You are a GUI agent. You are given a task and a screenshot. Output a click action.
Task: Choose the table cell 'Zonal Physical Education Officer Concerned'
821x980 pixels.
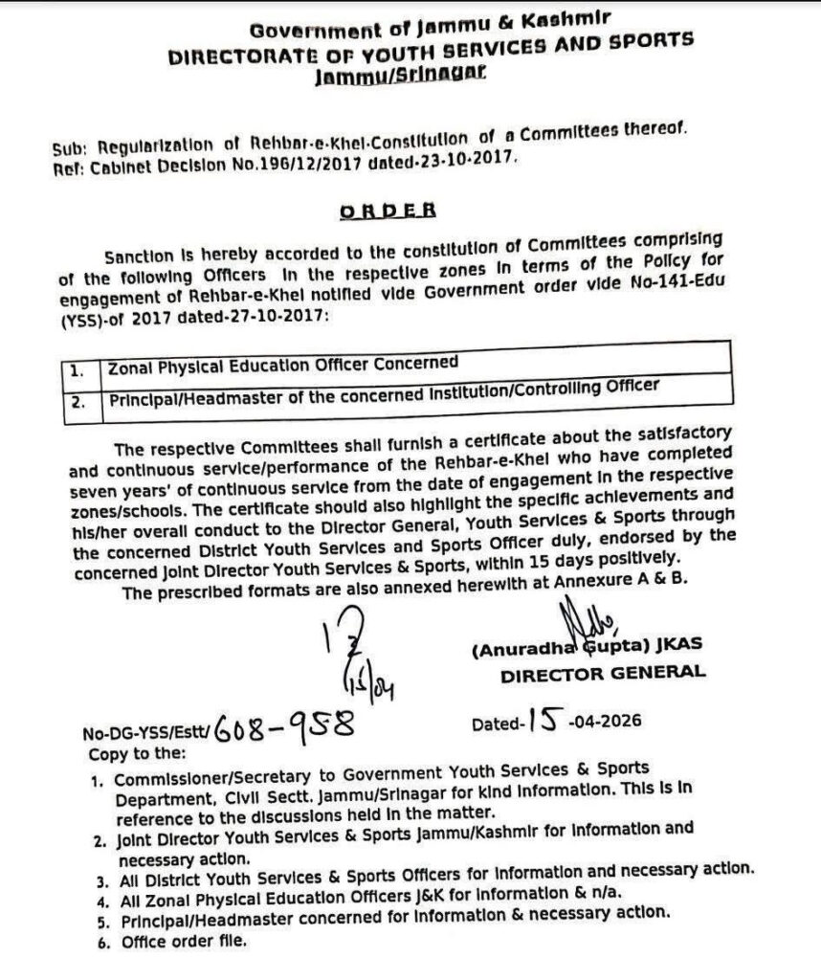point(281,364)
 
